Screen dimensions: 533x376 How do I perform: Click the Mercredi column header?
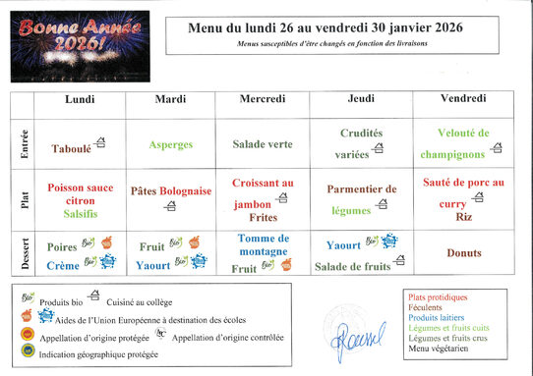263,99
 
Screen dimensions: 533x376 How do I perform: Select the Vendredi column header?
462,99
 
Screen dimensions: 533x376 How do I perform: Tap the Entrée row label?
24,144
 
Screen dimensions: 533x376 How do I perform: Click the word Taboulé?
71,149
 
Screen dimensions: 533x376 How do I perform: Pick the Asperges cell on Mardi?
171,144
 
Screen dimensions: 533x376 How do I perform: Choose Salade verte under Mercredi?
263,144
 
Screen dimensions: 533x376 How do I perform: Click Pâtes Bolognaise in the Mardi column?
171,191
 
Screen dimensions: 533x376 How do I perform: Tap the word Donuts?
463,252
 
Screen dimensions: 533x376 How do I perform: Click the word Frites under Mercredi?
263,217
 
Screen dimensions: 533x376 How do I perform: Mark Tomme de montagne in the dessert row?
263,245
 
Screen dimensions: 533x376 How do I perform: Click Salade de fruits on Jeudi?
351,266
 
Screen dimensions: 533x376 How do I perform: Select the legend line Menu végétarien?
439,348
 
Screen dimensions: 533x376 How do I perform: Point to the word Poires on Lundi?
62,246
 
